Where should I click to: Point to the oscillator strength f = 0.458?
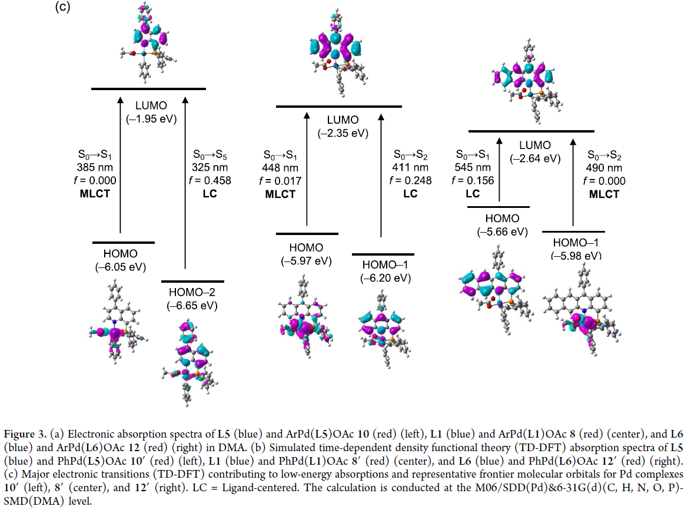pos(212,180)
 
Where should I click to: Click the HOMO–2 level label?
pos(192,292)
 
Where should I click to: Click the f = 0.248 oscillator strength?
pos(411,180)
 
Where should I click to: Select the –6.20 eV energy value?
pos(383,278)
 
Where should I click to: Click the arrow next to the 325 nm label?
pos(186,177)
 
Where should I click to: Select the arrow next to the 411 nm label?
pos(380,177)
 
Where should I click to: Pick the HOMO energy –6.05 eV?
pos(121,266)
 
